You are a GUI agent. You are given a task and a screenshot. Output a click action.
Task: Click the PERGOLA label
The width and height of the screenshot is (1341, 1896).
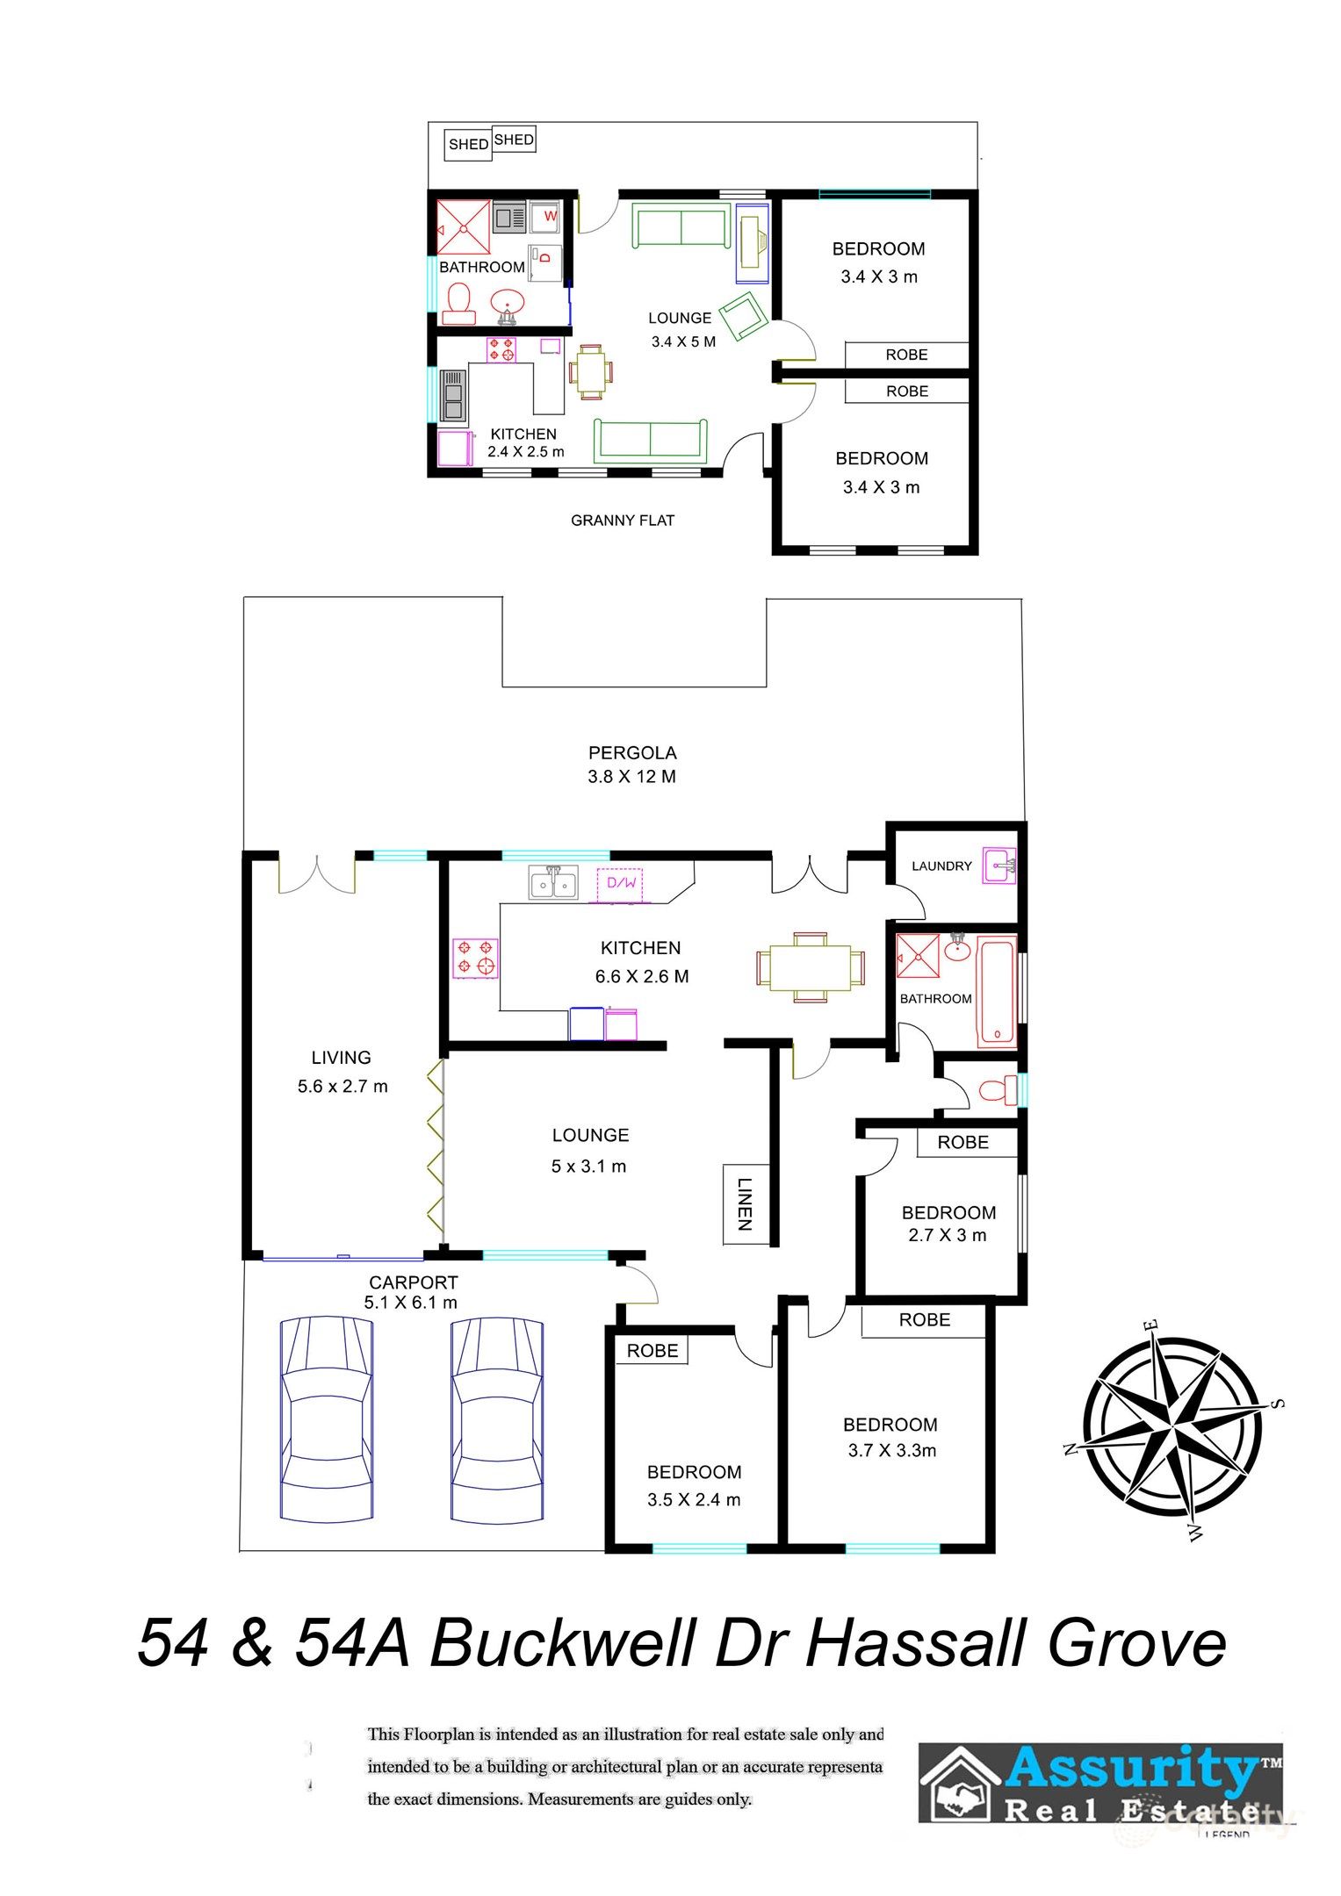tap(631, 752)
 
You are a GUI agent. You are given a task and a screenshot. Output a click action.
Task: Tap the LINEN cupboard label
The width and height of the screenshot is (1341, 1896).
tap(744, 1203)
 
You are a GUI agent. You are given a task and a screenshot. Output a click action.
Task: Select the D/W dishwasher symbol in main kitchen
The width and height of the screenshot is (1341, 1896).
tap(621, 883)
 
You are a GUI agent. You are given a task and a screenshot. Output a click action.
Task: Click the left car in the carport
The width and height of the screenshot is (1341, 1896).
tap(326, 1418)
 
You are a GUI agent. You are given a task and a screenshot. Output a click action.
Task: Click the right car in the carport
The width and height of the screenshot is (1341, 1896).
tap(497, 1418)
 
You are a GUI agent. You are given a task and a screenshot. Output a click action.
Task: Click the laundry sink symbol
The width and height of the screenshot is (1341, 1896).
tap(999, 865)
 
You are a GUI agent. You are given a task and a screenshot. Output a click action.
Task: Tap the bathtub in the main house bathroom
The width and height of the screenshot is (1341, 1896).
tap(997, 993)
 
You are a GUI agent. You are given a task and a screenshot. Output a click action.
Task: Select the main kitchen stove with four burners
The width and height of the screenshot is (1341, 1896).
tap(475, 958)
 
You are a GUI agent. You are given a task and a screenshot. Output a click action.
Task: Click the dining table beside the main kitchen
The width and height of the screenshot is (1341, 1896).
tap(810, 967)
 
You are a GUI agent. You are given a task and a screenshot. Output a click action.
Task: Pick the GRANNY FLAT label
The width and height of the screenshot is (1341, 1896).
tap(622, 521)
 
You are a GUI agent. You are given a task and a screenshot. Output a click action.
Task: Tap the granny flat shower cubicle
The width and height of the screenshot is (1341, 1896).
tap(464, 228)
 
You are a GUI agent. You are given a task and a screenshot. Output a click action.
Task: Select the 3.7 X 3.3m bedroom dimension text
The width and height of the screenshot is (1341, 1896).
tap(891, 1451)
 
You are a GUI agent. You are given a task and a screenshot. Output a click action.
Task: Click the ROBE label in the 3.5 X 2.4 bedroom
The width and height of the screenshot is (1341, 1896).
tap(652, 1351)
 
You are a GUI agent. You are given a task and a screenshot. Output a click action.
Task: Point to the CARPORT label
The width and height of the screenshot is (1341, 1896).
tap(413, 1282)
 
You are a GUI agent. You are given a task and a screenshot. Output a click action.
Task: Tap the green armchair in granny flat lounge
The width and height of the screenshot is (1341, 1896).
tap(743, 316)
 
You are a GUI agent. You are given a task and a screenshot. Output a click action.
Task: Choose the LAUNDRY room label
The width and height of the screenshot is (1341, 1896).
tap(941, 866)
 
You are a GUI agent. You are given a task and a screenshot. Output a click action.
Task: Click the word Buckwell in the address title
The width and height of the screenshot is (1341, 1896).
tap(562, 1642)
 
